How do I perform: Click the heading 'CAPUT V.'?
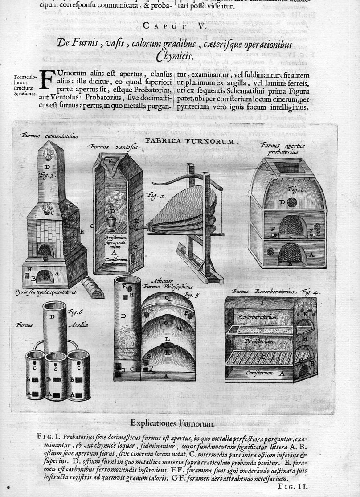180,27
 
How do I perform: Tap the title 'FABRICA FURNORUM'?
192,141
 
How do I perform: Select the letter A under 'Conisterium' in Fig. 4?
281,374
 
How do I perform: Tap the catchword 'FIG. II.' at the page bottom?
292,487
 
